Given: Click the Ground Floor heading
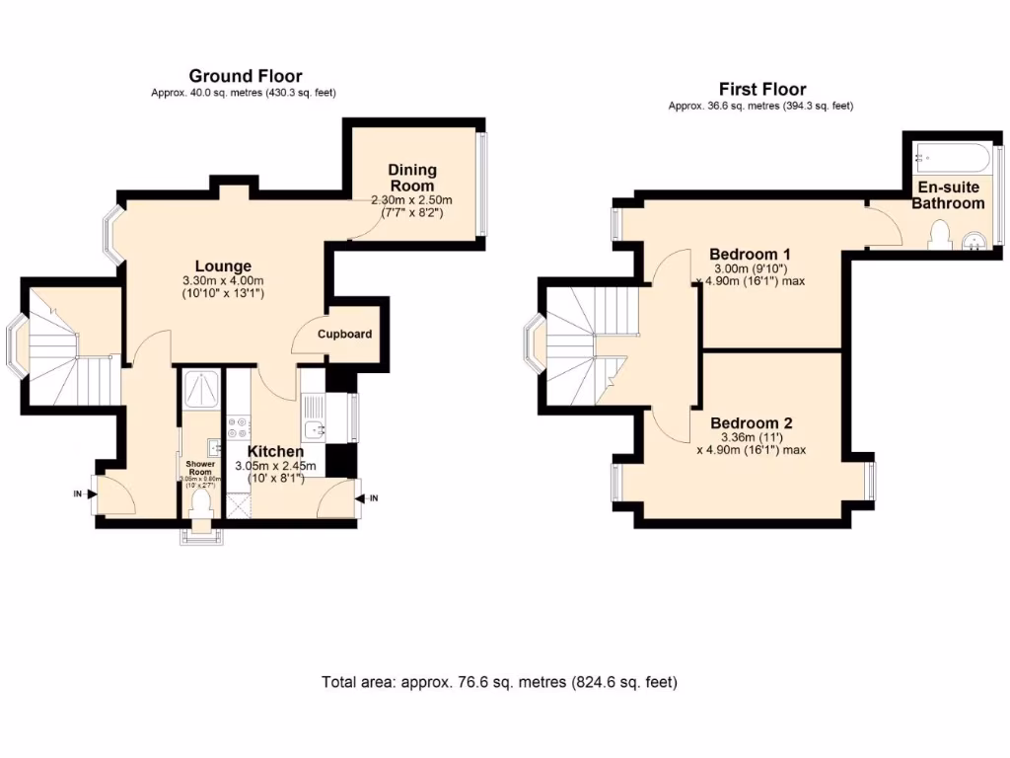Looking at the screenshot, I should [x=245, y=76].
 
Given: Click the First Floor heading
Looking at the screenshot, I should [x=762, y=89].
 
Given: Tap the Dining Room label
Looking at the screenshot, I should [x=412, y=178].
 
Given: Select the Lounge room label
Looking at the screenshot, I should [x=223, y=265].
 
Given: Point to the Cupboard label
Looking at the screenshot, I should [x=344, y=334].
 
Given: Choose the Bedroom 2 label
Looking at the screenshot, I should [x=751, y=422].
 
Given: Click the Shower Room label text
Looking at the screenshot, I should [x=200, y=466].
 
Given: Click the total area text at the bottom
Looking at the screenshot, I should [x=499, y=682].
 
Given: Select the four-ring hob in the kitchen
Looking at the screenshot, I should [x=238, y=427].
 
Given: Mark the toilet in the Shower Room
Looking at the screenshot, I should [x=201, y=503].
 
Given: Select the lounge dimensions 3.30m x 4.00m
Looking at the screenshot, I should [x=223, y=280].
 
